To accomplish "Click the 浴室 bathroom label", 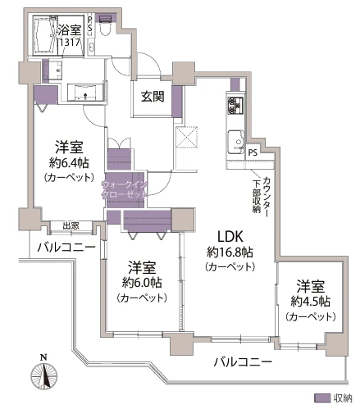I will (x=68, y=29).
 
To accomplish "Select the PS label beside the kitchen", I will (x=253, y=152).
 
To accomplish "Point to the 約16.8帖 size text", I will (x=230, y=252).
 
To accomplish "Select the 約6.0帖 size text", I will (x=142, y=283).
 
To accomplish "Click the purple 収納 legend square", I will (x=325, y=398).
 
